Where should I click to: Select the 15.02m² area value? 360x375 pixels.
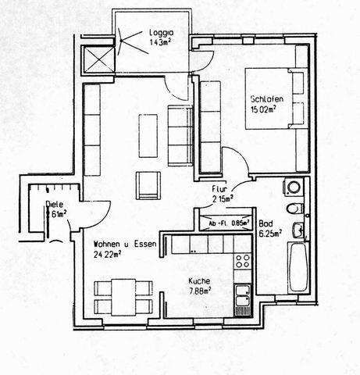coord(266,110)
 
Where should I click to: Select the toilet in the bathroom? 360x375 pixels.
coord(291,208)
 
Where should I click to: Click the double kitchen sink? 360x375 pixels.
coord(243,295)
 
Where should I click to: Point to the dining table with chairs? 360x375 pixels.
coord(122,296)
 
